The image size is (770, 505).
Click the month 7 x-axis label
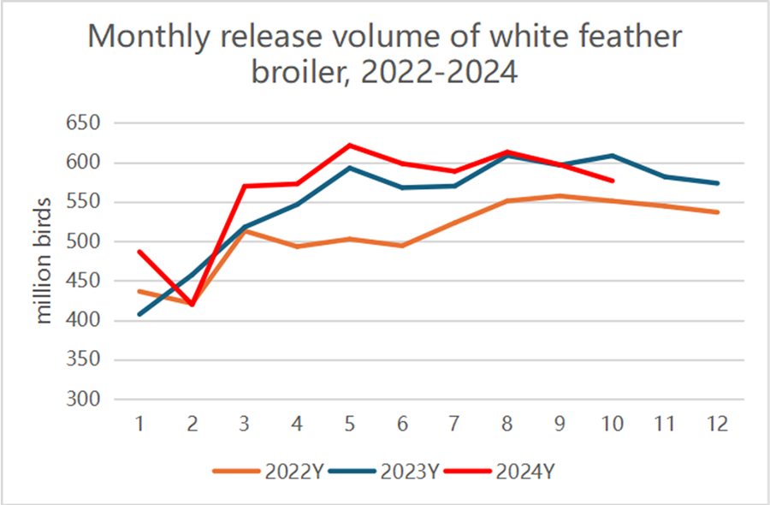454,425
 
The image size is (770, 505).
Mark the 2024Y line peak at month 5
350,146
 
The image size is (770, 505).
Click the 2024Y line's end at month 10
612,181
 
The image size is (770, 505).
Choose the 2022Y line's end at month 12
717,212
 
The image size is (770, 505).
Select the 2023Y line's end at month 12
717,183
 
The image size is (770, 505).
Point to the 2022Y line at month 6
402,246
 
